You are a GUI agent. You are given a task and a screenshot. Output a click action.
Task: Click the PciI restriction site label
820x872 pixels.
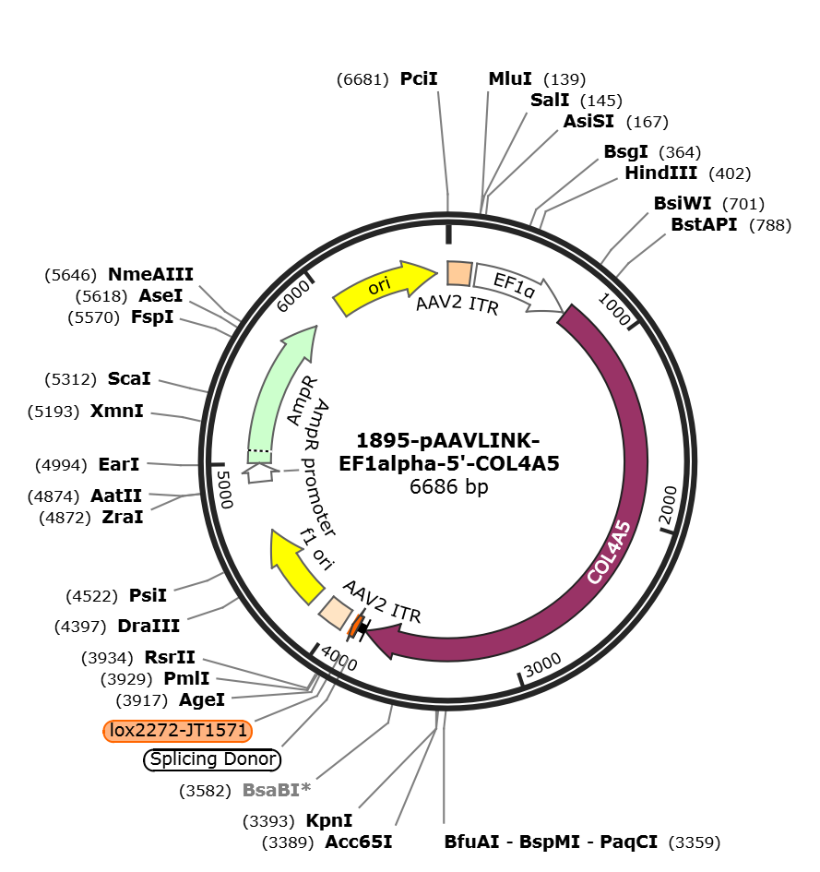(419, 79)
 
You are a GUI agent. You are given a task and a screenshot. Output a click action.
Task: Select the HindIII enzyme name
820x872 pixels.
(660, 173)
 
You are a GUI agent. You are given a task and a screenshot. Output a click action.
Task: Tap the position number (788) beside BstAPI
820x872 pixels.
(770, 225)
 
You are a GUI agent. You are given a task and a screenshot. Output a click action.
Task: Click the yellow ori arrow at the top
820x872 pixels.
(385, 287)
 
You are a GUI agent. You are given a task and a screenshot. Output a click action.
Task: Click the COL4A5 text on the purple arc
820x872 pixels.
(610, 552)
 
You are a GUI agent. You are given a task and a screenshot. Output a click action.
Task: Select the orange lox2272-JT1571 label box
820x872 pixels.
(178, 730)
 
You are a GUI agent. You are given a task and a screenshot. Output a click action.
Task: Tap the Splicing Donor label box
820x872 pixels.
(212, 759)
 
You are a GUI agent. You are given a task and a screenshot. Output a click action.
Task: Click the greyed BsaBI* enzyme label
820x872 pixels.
(277, 790)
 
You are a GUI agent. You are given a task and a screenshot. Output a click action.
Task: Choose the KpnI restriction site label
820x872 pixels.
(329, 821)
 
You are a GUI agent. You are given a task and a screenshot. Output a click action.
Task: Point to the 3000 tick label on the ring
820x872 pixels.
(542, 664)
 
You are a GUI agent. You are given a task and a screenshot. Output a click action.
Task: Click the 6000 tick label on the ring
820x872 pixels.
(293, 296)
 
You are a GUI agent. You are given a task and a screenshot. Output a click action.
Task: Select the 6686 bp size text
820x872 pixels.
(448, 486)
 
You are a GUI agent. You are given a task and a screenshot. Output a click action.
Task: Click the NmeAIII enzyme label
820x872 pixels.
(150, 274)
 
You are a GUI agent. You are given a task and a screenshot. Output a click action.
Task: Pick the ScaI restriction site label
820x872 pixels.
(129, 378)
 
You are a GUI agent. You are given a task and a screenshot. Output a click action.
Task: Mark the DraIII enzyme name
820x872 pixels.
(149, 627)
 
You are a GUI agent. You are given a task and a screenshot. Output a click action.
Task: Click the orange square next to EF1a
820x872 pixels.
(459, 274)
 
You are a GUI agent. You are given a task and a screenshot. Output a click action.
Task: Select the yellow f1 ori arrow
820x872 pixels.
(296, 567)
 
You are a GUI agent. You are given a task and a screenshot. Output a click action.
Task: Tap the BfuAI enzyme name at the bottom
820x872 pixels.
(471, 842)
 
